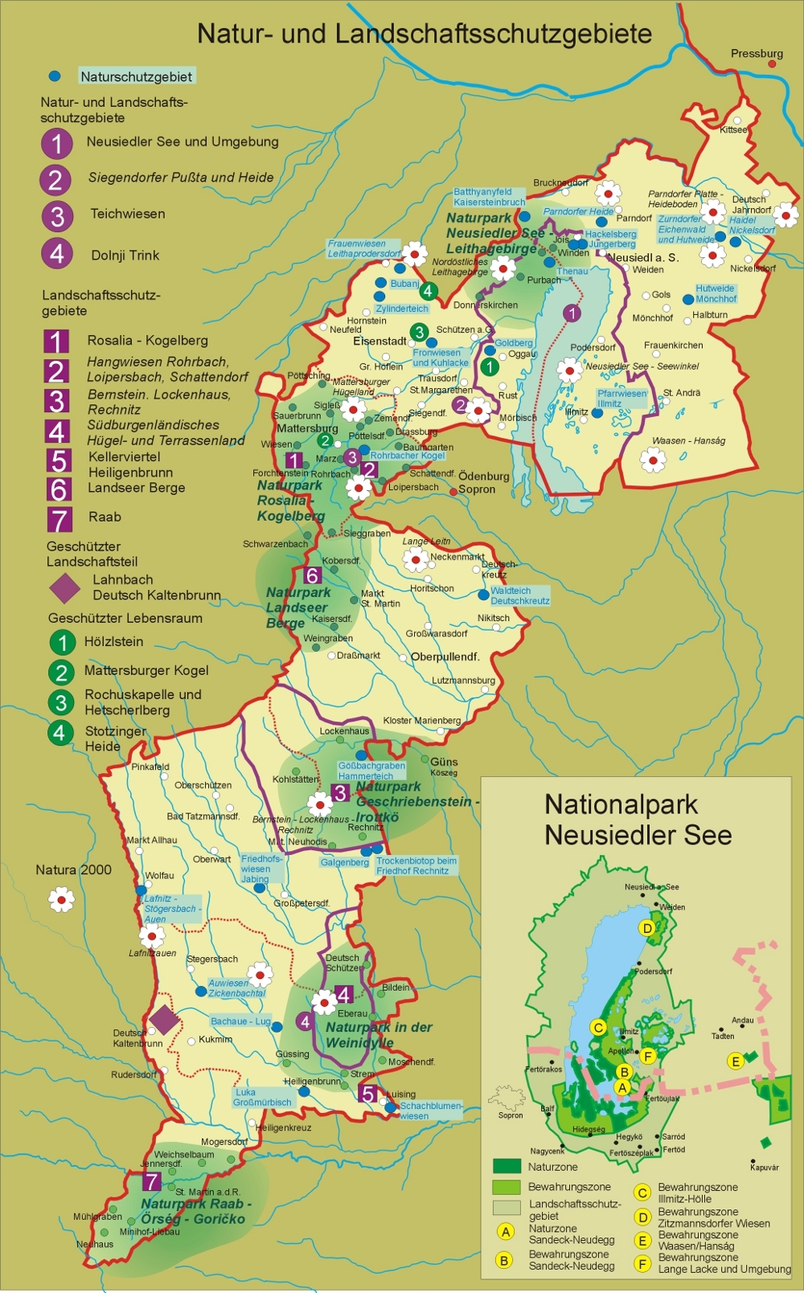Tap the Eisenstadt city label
pos(379,341)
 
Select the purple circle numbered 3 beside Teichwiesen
pos(56,216)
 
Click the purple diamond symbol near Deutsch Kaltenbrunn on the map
pos(165,1019)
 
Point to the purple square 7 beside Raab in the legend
pos(59,519)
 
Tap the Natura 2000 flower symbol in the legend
pos(62,899)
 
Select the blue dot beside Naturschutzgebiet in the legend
pos(55,76)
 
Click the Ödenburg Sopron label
pos(482,482)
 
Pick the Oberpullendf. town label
pos(445,657)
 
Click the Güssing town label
pos(292,1054)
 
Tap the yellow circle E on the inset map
pos(735,1062)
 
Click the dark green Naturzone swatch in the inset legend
pos(507,1166)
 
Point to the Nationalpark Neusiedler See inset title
pos(637,819)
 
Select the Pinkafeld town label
pos(150,767)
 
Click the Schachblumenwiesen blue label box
pos(430,1111)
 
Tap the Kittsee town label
pos(733,129)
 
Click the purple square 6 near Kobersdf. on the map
pos(312,575)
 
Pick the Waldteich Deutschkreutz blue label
pos(519,595)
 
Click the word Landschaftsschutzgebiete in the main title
pos(493,34)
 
